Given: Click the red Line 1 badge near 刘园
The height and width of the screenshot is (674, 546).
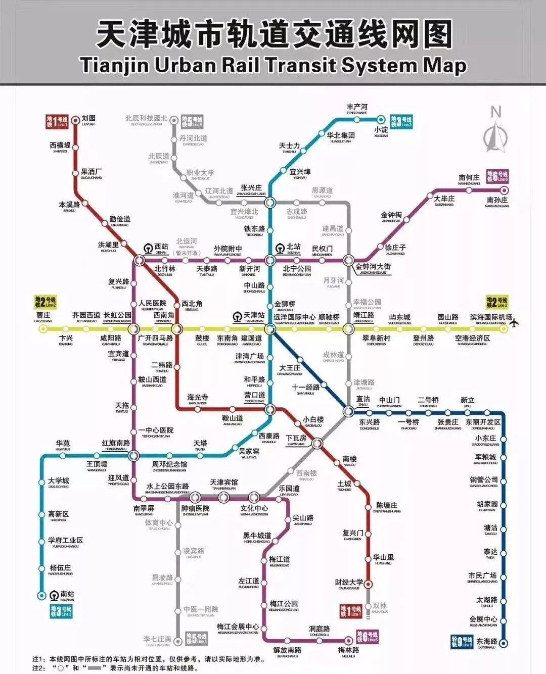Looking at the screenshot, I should tap(57, 121).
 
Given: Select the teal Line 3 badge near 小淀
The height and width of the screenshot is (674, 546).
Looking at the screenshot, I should tap(401, 121).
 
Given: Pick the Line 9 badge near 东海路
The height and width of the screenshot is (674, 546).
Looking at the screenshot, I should tap(462, 642).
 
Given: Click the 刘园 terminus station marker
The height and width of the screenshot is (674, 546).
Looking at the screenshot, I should tap(76, 120).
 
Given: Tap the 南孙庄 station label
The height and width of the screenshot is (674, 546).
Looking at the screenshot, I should tap(497, 201).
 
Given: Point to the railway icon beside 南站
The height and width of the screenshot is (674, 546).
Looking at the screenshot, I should tap(55, 595).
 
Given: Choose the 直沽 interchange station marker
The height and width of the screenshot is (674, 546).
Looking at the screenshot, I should tap(348, 411).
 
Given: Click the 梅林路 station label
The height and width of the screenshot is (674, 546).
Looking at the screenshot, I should tap(349, 650).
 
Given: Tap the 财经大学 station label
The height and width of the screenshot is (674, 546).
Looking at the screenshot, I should tap(349, 582).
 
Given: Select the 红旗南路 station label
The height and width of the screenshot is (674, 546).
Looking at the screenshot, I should tap(116, 443).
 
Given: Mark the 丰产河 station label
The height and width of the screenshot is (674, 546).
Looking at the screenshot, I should tap(357, 107).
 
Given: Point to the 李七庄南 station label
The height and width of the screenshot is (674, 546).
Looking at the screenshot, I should tap(157, 639).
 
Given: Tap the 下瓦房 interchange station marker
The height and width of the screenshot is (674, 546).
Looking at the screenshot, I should tap(317, 444).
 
